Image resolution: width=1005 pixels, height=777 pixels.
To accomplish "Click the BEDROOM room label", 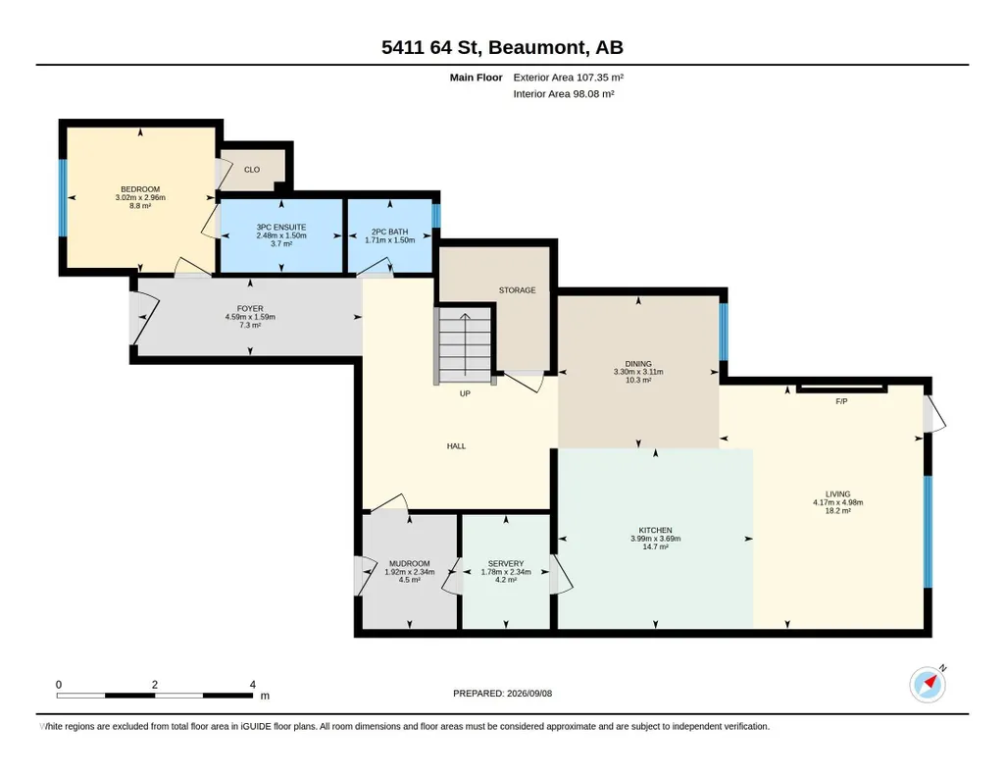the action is coord(140,189).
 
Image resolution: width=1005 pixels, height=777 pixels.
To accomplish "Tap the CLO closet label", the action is coord(252,170).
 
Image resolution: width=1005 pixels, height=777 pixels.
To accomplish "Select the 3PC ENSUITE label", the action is coord(281,227).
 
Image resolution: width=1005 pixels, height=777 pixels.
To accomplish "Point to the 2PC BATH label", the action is coord(389,233).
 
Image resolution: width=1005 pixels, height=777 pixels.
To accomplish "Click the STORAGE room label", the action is coord(518,290).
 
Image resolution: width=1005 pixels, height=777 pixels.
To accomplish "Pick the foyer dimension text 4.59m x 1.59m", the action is coord(250,317).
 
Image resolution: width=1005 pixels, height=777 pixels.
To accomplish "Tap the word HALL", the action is coord(456,446).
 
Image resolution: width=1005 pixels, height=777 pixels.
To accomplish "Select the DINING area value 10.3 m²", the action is coord(638,381).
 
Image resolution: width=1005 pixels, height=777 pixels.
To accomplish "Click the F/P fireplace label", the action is coord(841,401).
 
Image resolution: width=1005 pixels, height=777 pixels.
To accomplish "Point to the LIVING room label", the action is coord(837,494).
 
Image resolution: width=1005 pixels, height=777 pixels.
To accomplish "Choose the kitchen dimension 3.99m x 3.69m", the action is coord(656,539).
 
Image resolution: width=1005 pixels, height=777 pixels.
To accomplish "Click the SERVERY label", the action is coord(506,563).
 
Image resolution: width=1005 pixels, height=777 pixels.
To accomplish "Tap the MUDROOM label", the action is coord(410,563).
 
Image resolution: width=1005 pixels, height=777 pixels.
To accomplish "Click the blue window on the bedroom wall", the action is coord(63,197).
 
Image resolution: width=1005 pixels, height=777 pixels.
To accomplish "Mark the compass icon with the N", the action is coord(928,685).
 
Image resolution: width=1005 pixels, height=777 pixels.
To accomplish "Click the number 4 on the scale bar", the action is coord(253,685).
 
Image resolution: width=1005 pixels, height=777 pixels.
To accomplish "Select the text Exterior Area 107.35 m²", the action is coord(569,78).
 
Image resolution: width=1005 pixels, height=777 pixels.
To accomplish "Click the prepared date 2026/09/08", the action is coord(529,693).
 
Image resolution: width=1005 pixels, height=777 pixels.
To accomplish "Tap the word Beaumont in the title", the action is coord(539,47).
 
